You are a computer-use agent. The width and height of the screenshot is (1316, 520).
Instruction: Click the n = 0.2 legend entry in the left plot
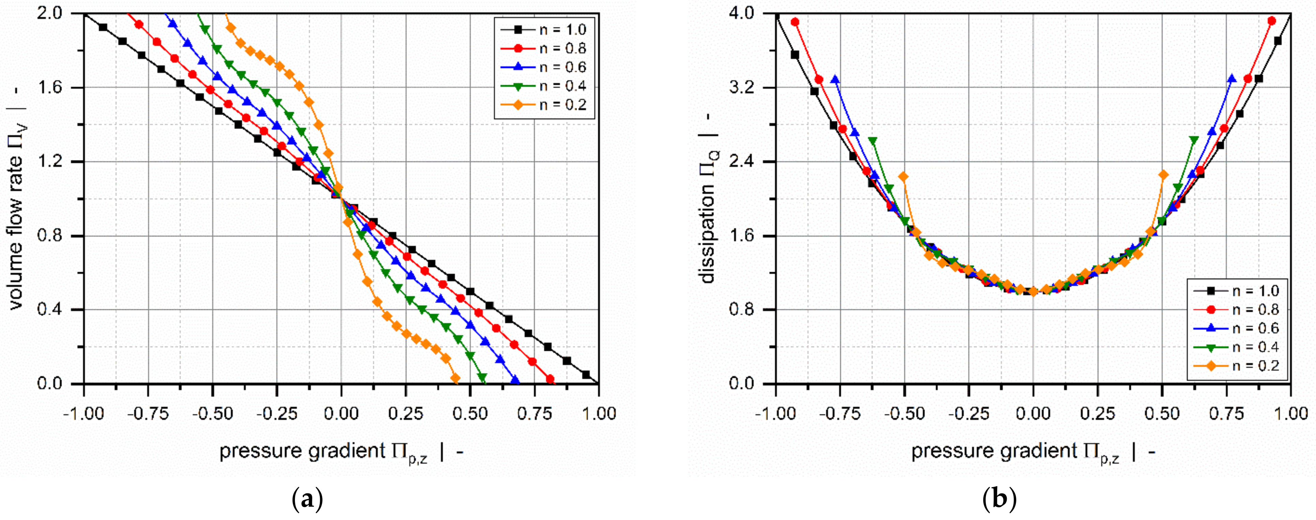tap(544, 105)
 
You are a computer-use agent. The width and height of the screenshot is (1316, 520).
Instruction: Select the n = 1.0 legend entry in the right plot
tap(1236, 291)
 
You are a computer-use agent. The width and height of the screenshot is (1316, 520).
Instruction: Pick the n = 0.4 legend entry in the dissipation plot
tap(1236, 347)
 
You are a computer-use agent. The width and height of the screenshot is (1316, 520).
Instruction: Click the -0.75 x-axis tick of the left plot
tap(149, 413)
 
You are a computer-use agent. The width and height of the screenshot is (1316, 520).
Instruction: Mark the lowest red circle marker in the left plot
tap(550, 379)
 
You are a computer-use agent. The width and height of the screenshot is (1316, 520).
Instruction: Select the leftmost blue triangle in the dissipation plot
tap(835, 79)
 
